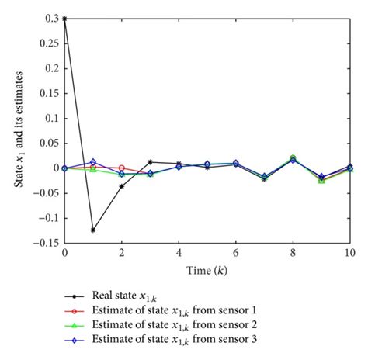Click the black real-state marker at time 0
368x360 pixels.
click(x=64, y=19)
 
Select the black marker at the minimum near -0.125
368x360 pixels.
click(x=93, y=230)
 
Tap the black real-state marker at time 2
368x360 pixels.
click(x=122, y=186)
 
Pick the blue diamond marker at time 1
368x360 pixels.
click(x=93, y=161)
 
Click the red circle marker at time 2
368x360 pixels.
click(x=122, y=168)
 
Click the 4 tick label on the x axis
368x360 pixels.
click(x=179, y=253)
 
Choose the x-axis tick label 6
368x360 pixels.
click(x=236, y=253)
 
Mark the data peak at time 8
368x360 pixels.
click(x=293, y=157)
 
